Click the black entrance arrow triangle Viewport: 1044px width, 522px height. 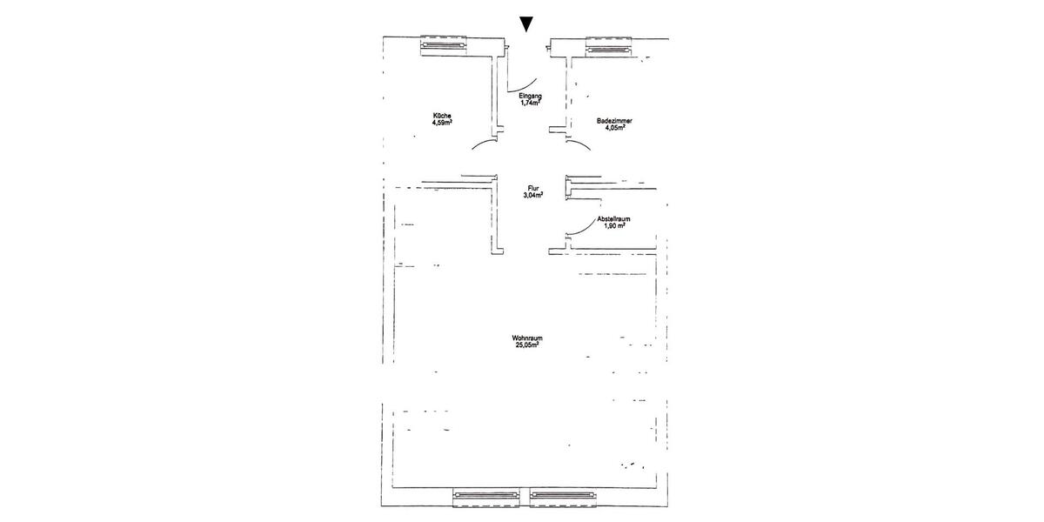coord(526,24)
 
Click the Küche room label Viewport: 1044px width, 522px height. coord(116,116)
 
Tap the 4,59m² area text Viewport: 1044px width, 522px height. coord(116,124)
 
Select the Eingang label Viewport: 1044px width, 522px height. coord(531,97)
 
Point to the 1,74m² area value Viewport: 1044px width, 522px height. coord(531,104)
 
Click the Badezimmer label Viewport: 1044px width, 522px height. coord(614,121)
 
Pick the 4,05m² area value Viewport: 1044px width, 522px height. coord(615,128)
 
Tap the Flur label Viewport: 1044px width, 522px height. coord(532,189)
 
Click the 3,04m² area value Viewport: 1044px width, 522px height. coord(532,196)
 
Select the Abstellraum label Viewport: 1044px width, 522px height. coord(614,218)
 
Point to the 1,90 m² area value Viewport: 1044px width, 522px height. coord(614,225)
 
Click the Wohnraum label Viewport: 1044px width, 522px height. coord(527,338)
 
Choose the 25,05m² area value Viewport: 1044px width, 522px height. coord(527,345)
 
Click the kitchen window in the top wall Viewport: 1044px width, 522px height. coord(444,45)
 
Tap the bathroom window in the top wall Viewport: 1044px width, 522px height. coord(609,47)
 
